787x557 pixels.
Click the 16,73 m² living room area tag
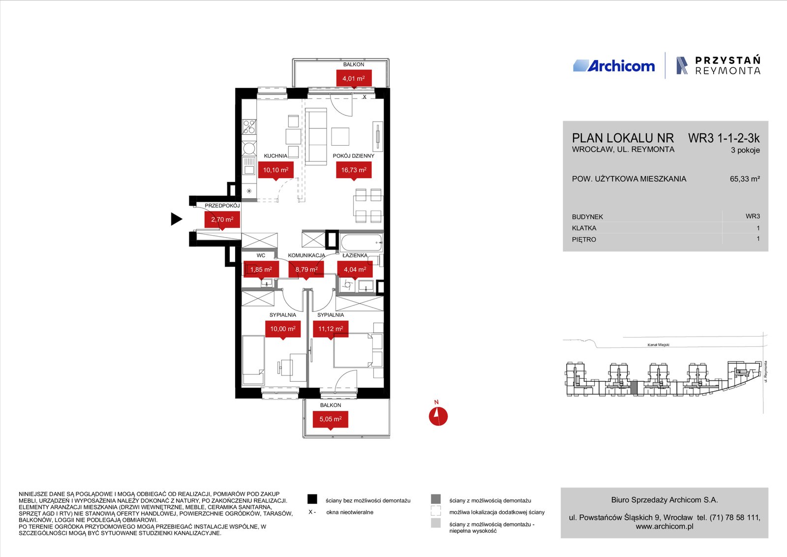pos(354,170)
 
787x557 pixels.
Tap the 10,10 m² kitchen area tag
pos(276,170)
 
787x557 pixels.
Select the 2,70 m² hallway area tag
pos(222,220)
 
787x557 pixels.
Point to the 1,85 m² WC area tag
pos(261,270)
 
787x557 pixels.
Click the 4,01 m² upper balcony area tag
pos(354,78)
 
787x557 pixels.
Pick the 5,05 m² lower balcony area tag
pos(330,420)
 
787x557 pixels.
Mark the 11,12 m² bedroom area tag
pos(331,330)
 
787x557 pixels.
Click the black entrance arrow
pos(177,219)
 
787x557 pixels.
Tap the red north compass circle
pos(438,416)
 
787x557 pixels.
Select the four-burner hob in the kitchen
pos(249,127)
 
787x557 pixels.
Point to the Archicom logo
pos(614,66)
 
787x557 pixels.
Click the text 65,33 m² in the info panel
pos(745,179)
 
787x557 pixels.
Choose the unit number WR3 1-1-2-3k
pos(724,138)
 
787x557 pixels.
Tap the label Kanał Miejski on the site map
pos(659,345)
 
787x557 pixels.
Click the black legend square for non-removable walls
pos(312,499)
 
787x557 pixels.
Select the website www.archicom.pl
pos(665,526)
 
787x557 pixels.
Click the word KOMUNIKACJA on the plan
pos(306,255)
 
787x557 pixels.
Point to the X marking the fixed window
pos(364,97)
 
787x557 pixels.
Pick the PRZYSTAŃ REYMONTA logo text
pos(727,65)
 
